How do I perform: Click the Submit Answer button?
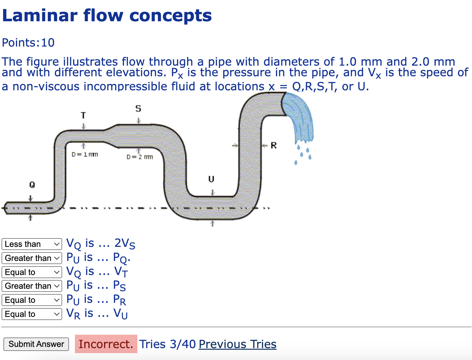click(x=36, y=344)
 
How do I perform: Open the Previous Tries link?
click(x=237, y=344)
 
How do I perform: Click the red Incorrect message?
click(x=106, y=344)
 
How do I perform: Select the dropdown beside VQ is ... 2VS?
click(x=32, y=244)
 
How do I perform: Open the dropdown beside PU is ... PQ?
click(x=32, y=258)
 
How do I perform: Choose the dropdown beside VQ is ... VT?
click(x=32, y=272)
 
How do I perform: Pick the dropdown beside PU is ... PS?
click(x=32, y=286)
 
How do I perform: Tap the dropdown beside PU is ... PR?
click(x=32, y=300)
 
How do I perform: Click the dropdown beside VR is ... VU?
click(x=32, y=314)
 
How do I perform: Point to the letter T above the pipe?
click(x=83, y=116)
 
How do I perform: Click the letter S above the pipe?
click(x=138, y=108)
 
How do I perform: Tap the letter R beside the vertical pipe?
click(x=274, y=145)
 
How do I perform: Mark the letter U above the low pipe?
click(x=211, y=179)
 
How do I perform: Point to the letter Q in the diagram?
click(x=32, y=185)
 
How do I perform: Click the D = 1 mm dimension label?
click(x=85, y=154)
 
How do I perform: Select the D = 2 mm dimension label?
click(x=140, y=157)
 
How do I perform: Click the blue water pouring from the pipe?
click(x=300, y=119)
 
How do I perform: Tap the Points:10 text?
click(x=28, y=42)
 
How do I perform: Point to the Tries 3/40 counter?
click(x=167, y=344)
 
